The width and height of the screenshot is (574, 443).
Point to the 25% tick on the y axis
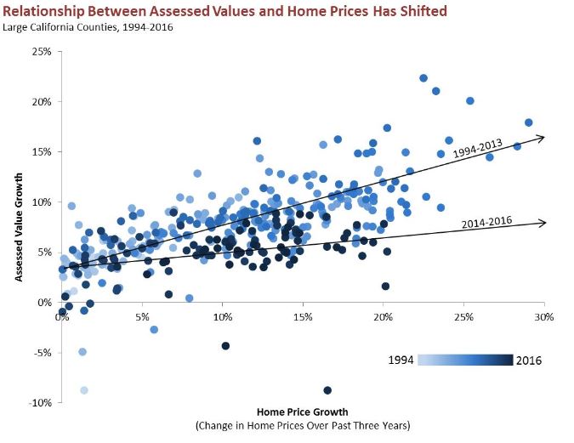[x=40, y=52]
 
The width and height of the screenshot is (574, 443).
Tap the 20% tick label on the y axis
[x=40, y=102]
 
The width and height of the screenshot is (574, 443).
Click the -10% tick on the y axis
[x=38, y=402]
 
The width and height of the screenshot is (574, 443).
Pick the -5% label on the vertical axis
[x=41, y=352]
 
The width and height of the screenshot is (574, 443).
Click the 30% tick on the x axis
[x=544, y=317]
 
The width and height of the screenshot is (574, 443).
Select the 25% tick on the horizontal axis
[x=464, y=317]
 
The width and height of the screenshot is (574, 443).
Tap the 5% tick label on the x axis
[x=142, y=317]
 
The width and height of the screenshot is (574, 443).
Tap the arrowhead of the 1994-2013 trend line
[x=541, y=136]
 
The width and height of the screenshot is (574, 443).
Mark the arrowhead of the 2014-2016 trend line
[x=541, y=223]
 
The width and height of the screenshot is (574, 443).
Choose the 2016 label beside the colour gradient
[x=527, y=361]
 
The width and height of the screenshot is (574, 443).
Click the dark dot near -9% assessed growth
[x=327, y=390]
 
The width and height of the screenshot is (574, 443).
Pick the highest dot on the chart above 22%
[x=423, y=78]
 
